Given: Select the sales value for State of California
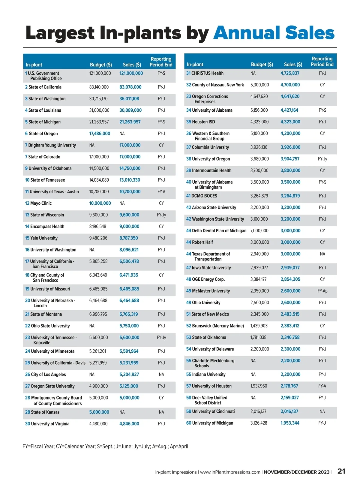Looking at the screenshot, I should coord(130,87).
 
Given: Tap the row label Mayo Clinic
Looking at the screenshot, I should coord(41,203).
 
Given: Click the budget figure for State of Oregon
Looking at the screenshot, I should coord(100,134).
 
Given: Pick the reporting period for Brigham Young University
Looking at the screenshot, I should coord(161,145).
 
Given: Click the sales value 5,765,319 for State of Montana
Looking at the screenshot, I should coord(129,314).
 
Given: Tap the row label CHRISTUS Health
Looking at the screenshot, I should coord(207,73).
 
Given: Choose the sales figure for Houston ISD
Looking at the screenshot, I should coord(290,122).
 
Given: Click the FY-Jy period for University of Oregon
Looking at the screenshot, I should coord(322,159).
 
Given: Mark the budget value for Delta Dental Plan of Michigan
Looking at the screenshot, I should coord(260,231).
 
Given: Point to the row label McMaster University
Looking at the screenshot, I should coord(211,291).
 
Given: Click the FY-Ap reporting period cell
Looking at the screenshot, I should coord(322,291).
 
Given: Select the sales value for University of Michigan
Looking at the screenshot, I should coord(290,423).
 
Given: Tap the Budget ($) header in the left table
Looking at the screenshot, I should coord(101,65).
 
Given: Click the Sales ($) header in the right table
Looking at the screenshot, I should coord(293,65).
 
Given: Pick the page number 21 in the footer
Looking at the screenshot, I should coord(341,471).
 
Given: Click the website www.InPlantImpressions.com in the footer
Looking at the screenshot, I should coord(230,472).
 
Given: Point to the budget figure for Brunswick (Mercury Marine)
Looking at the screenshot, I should coord(258,326).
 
